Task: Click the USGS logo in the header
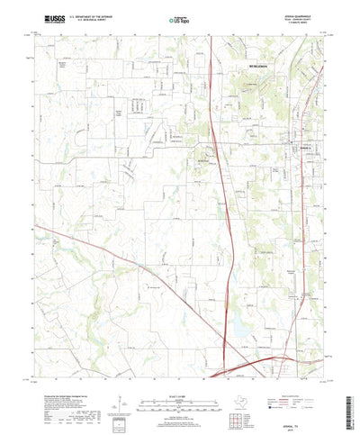(42, 18)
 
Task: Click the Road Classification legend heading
(301, 370)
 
